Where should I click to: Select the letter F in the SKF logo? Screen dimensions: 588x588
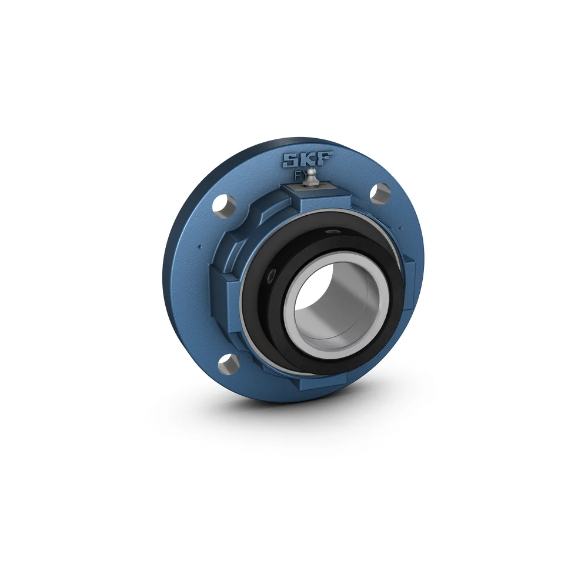[x=325, y=159]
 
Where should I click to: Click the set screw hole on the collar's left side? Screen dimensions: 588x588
[x=272, y=276]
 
